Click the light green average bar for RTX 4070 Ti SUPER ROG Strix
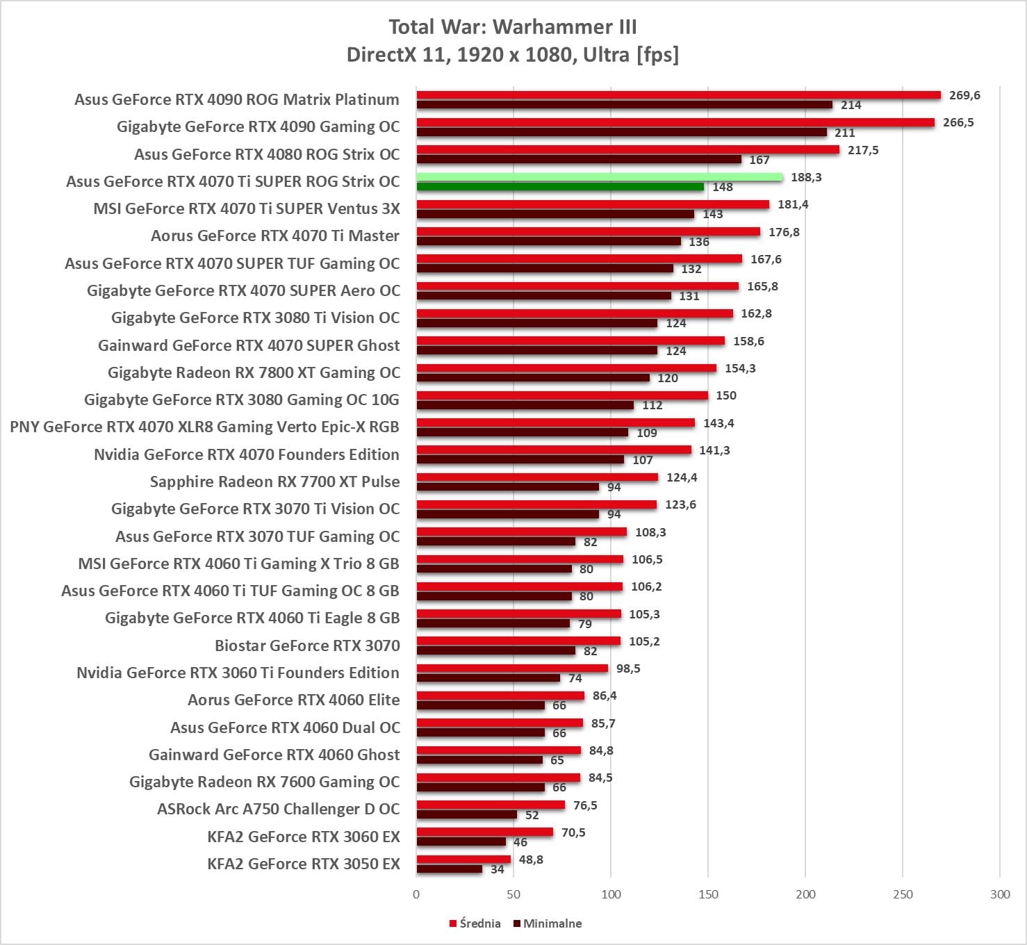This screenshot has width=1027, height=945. tap(600, 177)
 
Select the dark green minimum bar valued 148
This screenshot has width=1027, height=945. tap(560, 187)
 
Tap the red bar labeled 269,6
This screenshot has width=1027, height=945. tap(678, 95)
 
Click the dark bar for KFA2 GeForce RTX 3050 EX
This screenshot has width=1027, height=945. tap(450, 869)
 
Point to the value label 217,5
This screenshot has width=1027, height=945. tap(863, 150)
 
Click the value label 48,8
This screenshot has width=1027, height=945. tap(531, 860)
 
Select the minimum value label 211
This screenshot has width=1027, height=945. tap(845, 133)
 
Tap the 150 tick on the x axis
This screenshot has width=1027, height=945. tap(708, 894)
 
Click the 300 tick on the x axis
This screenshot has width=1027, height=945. tap(1000, 894)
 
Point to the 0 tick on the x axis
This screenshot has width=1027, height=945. tap(416, 894)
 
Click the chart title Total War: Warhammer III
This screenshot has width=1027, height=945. tap(513, 27)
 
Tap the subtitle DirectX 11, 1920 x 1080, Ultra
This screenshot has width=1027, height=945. tap(513, 54)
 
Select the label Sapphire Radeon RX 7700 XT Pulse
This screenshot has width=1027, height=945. tap(274, 482)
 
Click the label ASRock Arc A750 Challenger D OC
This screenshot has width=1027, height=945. tap(278, 809)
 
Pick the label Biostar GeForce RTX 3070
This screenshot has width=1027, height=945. tap(307, 646)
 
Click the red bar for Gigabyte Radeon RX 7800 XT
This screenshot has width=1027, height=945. tap(566, 368)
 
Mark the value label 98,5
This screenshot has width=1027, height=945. tap(628, 668)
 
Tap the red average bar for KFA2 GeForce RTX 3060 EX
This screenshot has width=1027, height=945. tap(485, 832)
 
